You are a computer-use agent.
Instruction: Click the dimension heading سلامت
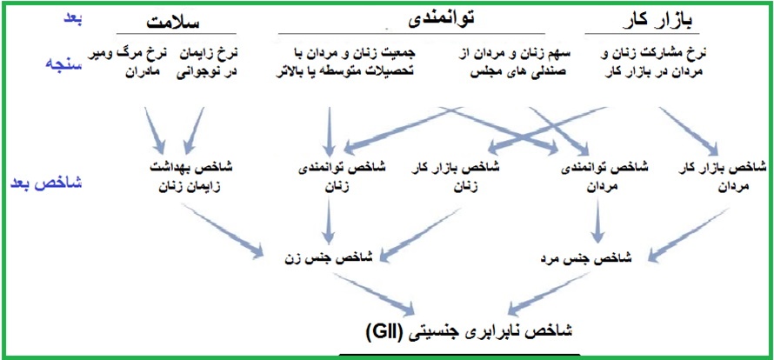tap(172, 22)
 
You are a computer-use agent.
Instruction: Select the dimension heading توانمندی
tap(441, 19)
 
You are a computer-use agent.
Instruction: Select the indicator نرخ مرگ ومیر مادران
tap(130, 61)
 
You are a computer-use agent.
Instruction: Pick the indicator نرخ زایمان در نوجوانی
tap(207, 61)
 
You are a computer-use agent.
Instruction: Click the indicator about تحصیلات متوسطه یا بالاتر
tap(345, 61)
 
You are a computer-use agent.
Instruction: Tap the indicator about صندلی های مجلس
tap(514, 61)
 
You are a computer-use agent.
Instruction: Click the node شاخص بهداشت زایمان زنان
tap(190, 177)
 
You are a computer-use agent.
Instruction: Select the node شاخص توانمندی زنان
tap(342, 177)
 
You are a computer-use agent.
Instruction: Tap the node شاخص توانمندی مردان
tap(605, 177)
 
